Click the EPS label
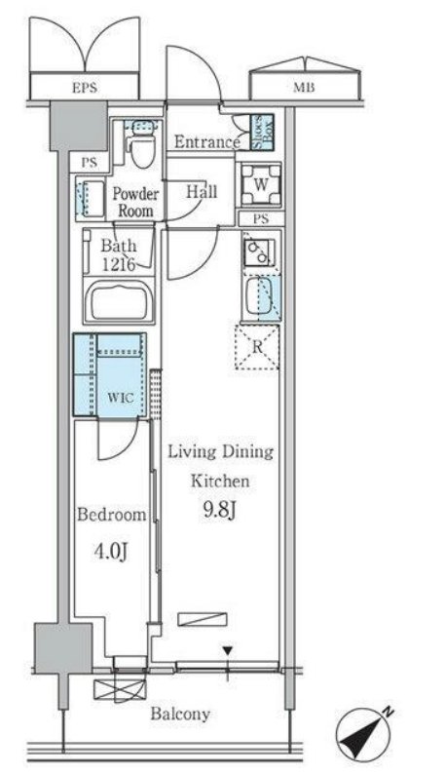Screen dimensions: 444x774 click(x=85, y=88)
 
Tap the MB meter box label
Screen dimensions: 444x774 click(x=304, y=88)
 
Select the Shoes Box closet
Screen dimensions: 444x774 click(x=262, y=132)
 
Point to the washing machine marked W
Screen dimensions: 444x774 click(x=261, y=184)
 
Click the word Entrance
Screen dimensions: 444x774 click(x=207, y=142)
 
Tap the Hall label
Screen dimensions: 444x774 click(x=202, y=191)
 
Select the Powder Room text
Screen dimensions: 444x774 click(x=135, y=202)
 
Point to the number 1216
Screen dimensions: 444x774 click(x=119, y=265)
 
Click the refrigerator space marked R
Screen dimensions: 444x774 click(x=257, y=346)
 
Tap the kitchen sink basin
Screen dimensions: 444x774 click(x=260, y=296)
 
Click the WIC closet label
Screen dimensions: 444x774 click(x=120, y=398)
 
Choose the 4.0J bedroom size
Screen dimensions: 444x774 click(x=111, y=552)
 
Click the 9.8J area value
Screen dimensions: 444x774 click(x=220, y=511)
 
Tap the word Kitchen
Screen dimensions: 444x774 click(x=220, y=481)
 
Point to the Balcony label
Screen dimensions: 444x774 click(x=180, y=714)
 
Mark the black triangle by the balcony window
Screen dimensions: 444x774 click(x=227, y=651)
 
